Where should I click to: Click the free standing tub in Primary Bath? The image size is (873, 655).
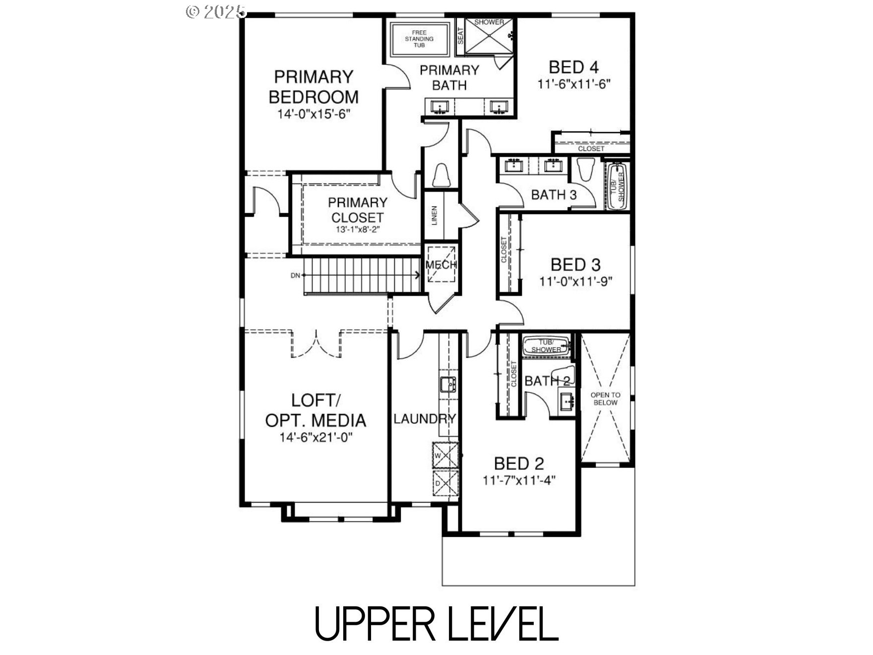(419, 39)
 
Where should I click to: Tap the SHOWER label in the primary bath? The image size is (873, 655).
(489, 22)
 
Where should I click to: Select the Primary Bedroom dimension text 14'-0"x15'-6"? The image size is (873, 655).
(314, 114)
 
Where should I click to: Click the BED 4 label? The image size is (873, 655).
(573, 67)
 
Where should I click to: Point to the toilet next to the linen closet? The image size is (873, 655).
(440, 175)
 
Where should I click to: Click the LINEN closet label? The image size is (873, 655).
(435, 216)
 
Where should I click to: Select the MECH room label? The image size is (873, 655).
(441, 264)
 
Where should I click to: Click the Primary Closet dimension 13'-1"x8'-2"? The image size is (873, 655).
(357, 230)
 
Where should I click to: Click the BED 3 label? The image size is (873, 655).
(575, 264)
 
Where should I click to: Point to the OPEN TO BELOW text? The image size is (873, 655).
(605, 398)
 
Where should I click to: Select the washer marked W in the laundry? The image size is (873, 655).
(445, 455)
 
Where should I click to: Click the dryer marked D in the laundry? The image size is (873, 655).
(445, 483)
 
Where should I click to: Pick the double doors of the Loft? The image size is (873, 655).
(316, 343)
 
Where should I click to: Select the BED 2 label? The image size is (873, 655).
(519, 463)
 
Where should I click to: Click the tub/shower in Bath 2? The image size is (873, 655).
(547, 345)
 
